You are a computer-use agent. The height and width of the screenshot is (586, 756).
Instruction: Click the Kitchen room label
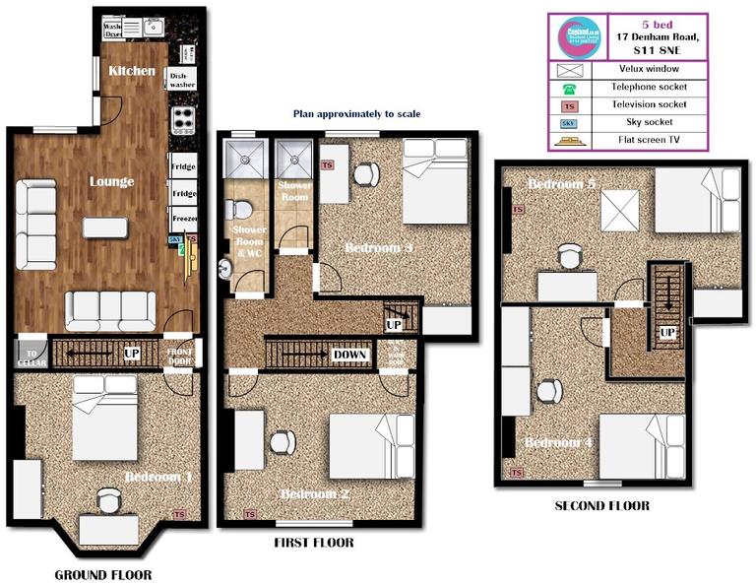click(132, 71)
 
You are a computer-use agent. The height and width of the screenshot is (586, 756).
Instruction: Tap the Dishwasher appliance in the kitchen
click(182, 79)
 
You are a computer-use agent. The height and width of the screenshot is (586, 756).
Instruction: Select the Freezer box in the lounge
click(183, 217)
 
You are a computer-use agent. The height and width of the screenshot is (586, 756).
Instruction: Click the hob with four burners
click(183, 120)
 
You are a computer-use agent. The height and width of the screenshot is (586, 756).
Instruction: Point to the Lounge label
click(111, 182)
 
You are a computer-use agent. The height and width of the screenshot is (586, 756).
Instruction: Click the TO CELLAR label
click(31, 357)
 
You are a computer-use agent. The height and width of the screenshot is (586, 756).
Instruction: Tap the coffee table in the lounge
click(104, 228)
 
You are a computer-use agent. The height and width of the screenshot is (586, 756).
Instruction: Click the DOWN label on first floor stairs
click(351, 354)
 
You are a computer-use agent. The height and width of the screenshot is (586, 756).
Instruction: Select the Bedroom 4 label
click(559, 443)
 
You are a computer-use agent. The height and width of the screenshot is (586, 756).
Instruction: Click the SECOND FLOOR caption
click(600, 506)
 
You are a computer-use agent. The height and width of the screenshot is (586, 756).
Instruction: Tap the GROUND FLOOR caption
click(103, 574)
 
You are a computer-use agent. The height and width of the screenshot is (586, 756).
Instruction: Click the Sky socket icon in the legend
click(567, 122)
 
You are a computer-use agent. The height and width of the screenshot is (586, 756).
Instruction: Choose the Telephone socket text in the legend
click(646, 87)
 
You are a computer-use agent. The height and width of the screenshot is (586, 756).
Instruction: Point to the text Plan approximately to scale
click(356, 114)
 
